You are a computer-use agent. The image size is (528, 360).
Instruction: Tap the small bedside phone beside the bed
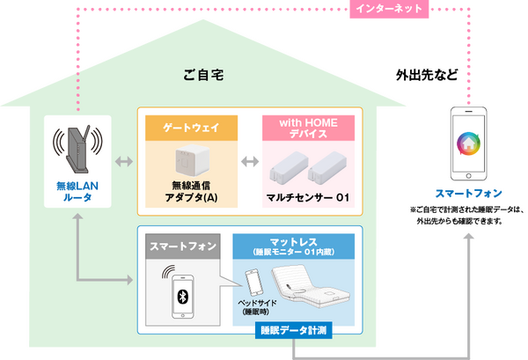(x=253, y=283)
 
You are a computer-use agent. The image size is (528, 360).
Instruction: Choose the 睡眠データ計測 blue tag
(x=295, y=332)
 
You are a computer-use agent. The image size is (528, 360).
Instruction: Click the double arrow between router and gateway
(x=123, y=162)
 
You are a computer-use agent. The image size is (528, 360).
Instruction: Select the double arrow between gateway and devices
(x=249, y=162)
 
